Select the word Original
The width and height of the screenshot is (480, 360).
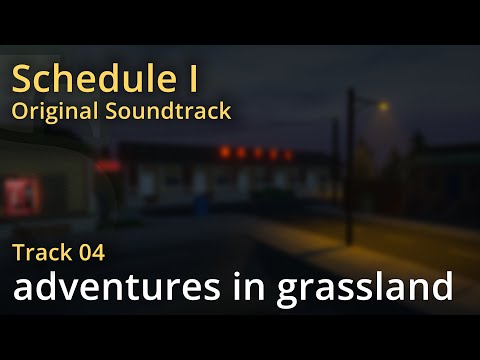pos(50,110)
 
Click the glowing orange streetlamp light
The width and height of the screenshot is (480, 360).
pos(384,104)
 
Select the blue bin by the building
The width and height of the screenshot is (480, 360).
pos(201,204)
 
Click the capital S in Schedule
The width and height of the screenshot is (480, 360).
pos(21,78)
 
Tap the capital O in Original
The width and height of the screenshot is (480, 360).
pos(19,110)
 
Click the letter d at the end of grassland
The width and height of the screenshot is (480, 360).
pos(441,288)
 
